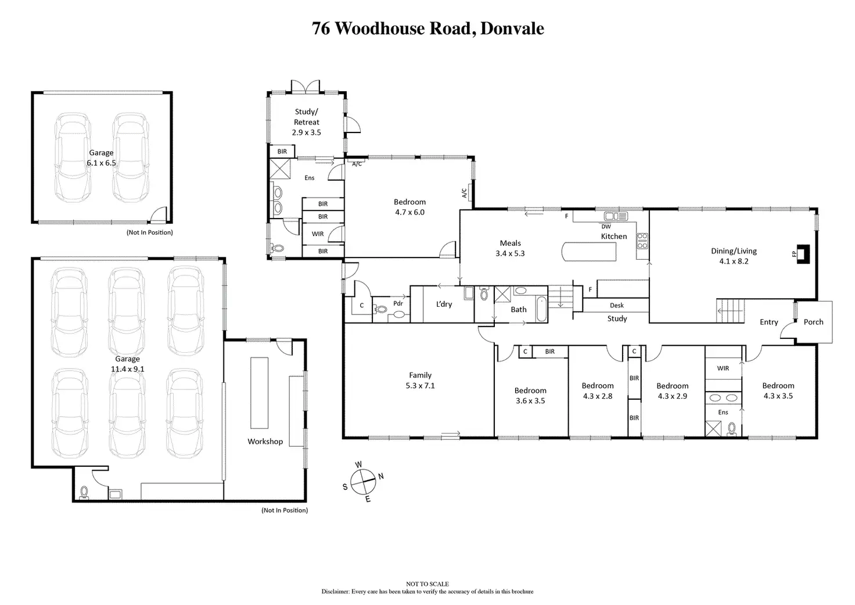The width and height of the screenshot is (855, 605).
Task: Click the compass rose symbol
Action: [x=364, y=481]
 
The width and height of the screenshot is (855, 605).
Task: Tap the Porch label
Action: [x=813, y=322]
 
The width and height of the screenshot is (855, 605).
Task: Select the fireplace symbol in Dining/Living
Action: [x=802, y=253]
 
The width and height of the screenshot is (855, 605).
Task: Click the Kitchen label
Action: [x=614, y=237]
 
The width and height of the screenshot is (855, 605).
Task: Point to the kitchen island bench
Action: [x=589, y=252]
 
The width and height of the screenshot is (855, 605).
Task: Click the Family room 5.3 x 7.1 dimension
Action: [x=421, y=385]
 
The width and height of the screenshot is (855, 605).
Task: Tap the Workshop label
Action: [x=265, y=442]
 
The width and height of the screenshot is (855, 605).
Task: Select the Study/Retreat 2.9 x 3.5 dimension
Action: [x=306, y=133]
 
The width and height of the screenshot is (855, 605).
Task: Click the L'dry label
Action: [x=444, y=304]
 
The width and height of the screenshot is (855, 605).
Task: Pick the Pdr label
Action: [x=398, y=303]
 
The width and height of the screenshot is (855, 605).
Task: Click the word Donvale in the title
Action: [x=513, y=28]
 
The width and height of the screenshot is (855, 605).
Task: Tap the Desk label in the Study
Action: [x=617, y=305]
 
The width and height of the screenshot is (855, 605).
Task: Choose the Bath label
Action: [x=519, y=310]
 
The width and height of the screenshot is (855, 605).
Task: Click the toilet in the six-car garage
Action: [x=84, y=493]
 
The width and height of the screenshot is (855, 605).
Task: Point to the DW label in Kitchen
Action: [x=606, y=227]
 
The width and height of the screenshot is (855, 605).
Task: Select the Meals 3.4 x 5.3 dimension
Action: [x=511, y=253]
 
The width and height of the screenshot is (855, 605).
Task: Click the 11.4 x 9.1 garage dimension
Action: [x=127, y=369]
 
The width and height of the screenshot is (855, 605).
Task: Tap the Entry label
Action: [x=768, y=322]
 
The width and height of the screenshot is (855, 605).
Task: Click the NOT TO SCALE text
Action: [x=427, y=584]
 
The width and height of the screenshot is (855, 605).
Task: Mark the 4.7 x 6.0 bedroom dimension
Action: [x=409, y=212]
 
